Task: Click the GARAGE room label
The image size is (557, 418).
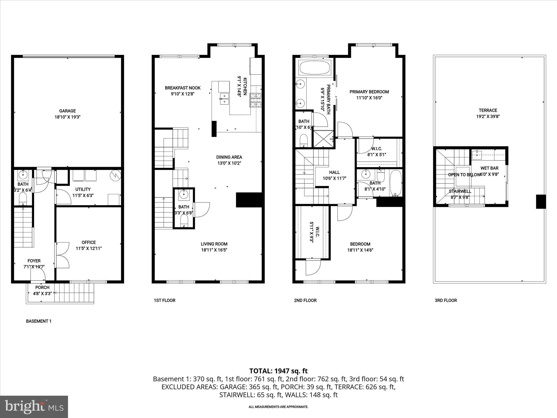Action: click(x=67, y=111)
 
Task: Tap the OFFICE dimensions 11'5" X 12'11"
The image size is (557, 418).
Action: click(x=89, y=248)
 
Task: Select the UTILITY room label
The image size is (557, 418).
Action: click(x=83, y=189)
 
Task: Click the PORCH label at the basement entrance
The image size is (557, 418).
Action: click(x=42, y=287)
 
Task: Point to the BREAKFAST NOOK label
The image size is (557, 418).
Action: click(x=182, y=88)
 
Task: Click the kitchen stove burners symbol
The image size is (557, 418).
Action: click(x=256, y=100)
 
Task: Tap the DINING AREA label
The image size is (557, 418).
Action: click(x=229, y=157)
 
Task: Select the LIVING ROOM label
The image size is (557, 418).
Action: click(x=214, y=244)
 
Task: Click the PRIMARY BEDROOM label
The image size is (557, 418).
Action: click(x=369, y=92)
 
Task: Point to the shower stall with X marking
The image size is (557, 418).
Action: click(x=323, y=139)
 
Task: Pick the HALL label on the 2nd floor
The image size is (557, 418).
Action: click(x=334, y=172)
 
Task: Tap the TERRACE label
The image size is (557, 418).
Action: click(x=488, y=110)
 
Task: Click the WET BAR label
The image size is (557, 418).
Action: click(x=489, y=168)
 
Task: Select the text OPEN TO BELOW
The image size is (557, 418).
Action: click(x=464, y=175)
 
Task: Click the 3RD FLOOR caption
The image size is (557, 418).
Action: click(x=446, y=300)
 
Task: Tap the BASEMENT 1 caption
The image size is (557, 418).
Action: click(x=39, y=321)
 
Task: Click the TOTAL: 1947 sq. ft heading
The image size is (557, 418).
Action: click(x=278, y=371)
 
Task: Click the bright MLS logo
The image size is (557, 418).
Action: click(x=34, y=407)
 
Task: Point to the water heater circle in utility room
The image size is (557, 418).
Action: click(x=115, y=176)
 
